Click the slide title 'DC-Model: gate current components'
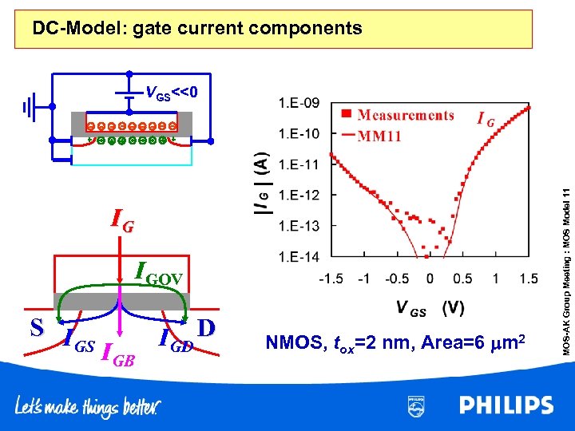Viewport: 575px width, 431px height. tap(196, 29)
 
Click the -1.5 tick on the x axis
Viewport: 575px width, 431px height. tap(331, 279)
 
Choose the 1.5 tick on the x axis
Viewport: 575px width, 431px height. tap(529, 279)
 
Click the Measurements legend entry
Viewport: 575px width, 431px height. tap(400, 115)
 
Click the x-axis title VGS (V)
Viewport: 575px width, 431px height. tap(430, 307)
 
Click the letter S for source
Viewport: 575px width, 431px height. tap(37, 327)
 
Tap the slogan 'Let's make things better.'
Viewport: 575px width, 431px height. tap(87, 408)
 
